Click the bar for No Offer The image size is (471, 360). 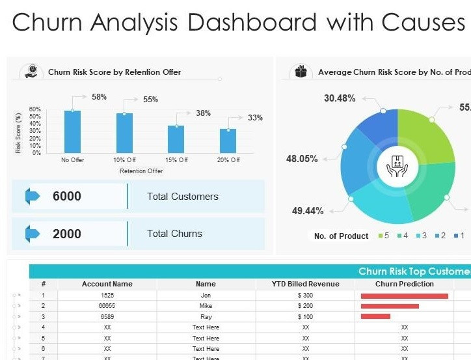[72, 132]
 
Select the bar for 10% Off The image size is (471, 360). [124, 133]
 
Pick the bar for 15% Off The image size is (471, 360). [176, 139]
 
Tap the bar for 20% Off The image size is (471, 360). [228, 141]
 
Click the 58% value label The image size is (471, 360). [99, 97]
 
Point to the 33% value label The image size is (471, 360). [255, 118]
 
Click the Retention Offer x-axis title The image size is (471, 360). [141, 171]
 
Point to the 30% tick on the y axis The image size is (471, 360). [36, 132]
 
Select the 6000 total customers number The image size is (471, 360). [67, 197]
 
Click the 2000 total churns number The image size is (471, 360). [67, 234]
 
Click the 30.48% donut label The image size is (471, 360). [340, 98]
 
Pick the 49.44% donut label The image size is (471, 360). [308, 210]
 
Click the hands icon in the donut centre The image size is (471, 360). [397, 167]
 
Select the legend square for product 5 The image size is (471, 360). [379, 236]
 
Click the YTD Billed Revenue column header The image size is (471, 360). [305, 284]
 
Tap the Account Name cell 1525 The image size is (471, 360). [107, 296]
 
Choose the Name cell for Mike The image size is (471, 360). [206, 306]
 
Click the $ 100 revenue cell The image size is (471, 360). [305, 316]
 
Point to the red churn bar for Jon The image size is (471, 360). [404, 296]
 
